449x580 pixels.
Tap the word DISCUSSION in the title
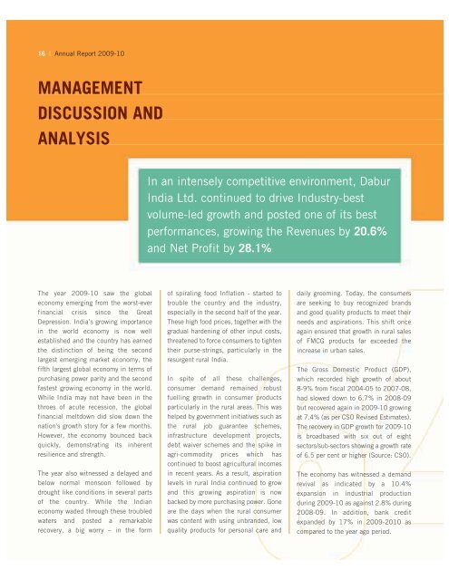(x=79, y=114)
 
